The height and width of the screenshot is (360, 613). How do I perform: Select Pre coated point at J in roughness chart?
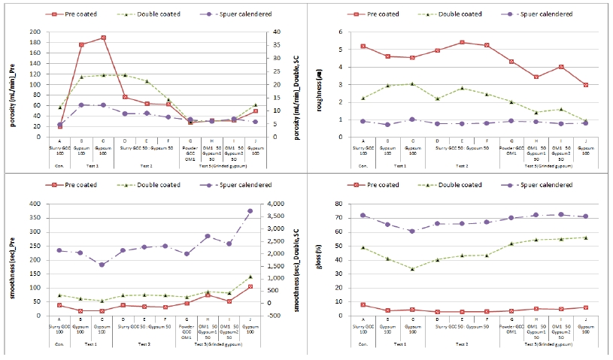pos(585,85)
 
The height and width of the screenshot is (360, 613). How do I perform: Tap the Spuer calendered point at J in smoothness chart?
pos(271,211)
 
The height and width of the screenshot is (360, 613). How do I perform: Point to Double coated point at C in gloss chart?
pos(411,269)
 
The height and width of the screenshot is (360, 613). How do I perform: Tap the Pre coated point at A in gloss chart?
pos(364,304)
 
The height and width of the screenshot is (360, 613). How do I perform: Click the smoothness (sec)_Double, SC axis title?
pos(298,259)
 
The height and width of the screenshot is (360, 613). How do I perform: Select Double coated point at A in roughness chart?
pos(364,98)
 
